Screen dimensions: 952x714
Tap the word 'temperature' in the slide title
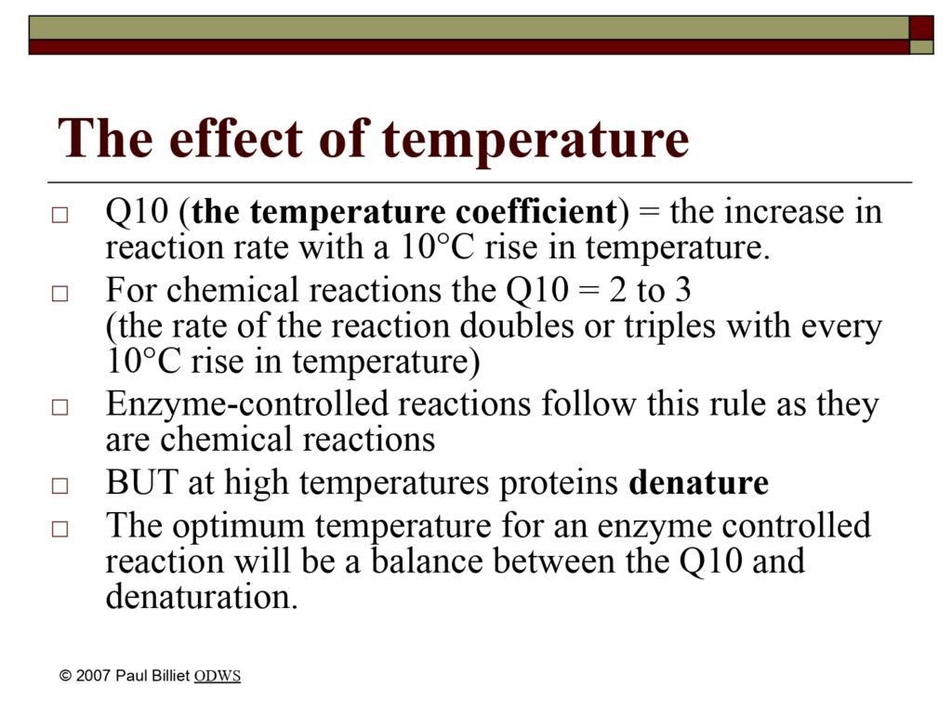tap(535, 141)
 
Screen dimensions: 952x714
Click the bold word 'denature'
tap(698, 483)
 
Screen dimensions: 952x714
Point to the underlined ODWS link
tap(218, 676)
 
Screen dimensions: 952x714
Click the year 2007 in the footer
tap(93, 675)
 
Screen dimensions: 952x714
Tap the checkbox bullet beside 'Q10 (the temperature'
tap(59, 215)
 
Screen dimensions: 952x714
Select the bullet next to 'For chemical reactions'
tap(59, 294)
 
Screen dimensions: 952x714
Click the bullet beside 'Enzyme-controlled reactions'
tap(59, 407)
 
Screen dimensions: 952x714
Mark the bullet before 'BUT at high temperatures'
tap(59, 485)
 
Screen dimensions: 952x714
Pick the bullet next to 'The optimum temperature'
tap(59, 529)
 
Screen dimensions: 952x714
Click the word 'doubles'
tap(516, 325)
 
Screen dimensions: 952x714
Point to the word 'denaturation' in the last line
tap(202, 596)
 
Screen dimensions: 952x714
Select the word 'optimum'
tap(238, 526)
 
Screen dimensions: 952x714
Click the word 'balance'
tap(426, 561)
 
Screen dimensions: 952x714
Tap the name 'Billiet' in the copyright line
tap(167, 675)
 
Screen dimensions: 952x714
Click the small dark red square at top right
tap(921, 28)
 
